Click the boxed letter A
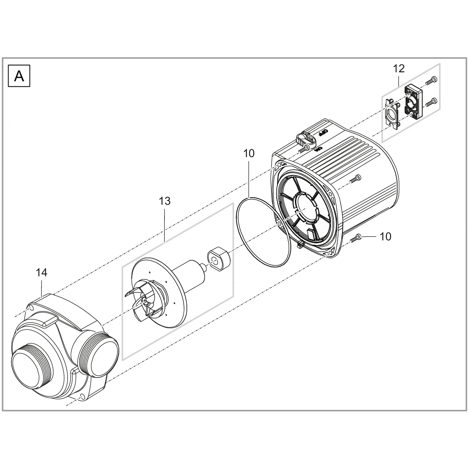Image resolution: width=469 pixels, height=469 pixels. (19, 76)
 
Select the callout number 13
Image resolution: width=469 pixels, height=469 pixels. (165, 201)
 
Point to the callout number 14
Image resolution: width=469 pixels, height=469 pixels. (42, 272)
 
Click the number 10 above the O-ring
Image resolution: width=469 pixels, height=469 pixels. (249, 153)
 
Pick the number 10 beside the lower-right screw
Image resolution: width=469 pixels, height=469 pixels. (385, 236)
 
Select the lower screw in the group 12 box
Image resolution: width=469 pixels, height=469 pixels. (430, 102)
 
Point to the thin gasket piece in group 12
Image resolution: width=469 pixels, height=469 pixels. (391, 113)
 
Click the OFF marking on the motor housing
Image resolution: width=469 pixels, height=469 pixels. (322, 132)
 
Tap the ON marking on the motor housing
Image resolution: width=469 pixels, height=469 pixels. (318, 149)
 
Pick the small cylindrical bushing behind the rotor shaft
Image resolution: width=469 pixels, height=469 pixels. (218, 259)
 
